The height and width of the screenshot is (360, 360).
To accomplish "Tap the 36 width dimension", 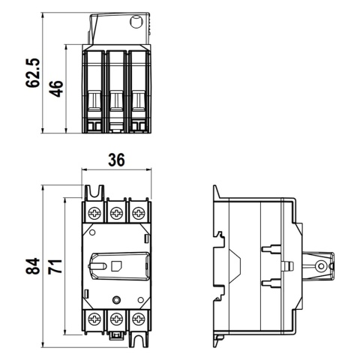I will coord(116,160).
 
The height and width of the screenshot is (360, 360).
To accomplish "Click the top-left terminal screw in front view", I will coord(94,214).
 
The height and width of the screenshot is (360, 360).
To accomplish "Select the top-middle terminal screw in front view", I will coord(116,214).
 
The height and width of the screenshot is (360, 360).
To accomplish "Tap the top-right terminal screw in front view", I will coord(138,214).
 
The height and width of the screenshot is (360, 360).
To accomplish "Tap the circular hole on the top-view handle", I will coord(137,22).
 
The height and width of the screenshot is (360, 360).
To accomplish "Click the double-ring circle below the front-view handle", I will coord(116,300).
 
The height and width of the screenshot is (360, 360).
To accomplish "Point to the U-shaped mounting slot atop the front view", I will coord(94,194).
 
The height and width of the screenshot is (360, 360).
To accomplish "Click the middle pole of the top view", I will coord(116,90).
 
